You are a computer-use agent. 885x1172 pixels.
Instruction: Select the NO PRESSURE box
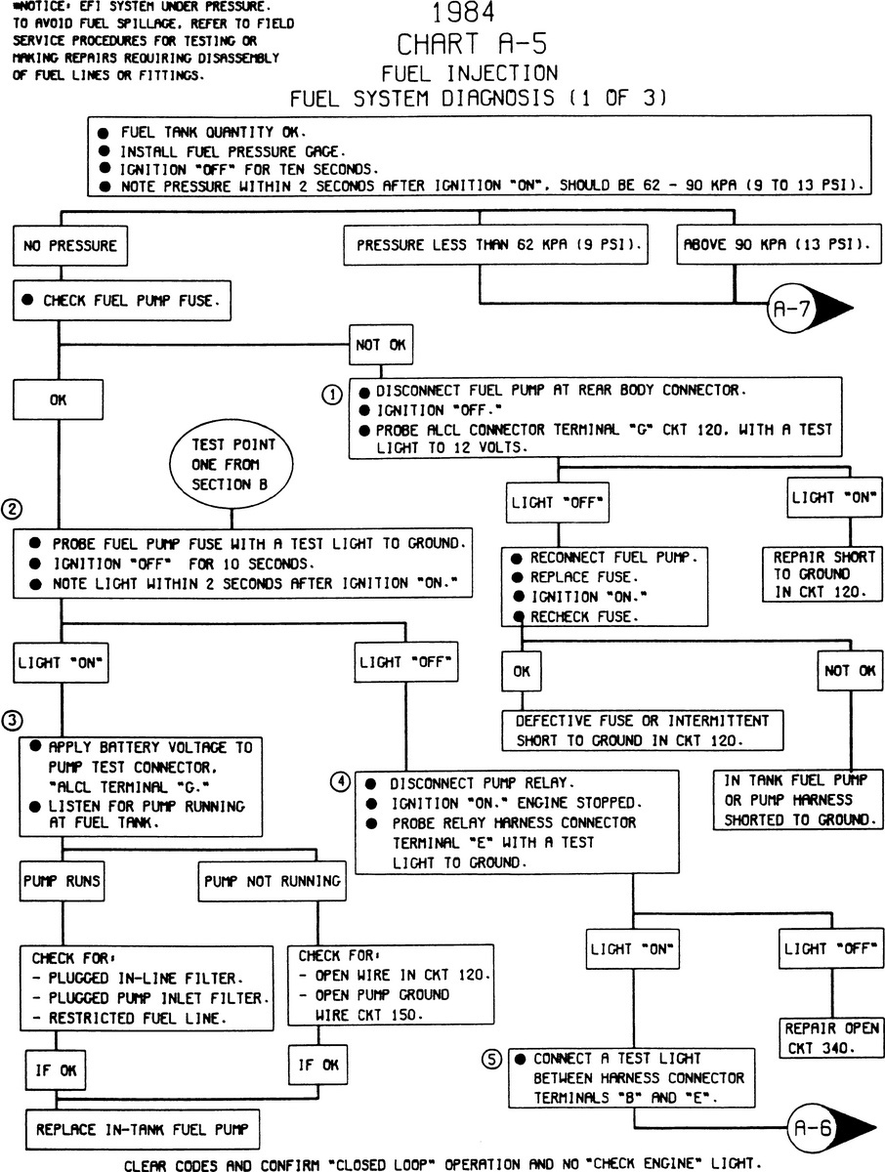(x=69, y=246)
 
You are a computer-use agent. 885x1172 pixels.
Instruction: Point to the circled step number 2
(x=12, y=508)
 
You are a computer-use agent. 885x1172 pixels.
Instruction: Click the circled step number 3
(x=12, y=721)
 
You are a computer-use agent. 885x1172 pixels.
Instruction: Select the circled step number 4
(x=339, y=781)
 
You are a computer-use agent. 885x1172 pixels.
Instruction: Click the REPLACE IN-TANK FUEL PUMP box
(x=143, y=1129)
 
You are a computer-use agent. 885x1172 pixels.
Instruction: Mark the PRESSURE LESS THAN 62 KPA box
(x=498, y=246)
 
